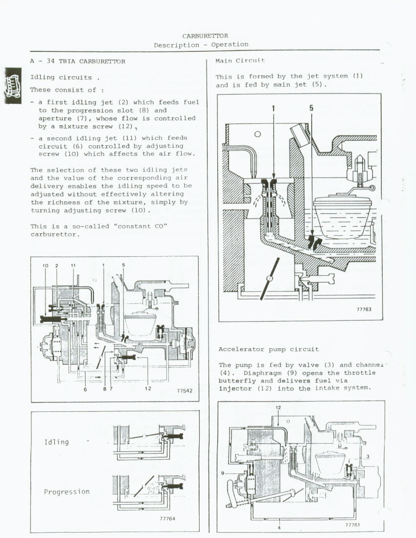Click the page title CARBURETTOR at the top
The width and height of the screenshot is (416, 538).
[x=205, y=36]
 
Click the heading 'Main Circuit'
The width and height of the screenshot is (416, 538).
[x=240, y=61]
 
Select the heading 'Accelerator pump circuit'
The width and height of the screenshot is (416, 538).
[x=269, y=349]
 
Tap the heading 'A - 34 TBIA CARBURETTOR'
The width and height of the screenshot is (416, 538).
[x=77, y=62]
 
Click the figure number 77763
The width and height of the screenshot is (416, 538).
[x=364, y=309]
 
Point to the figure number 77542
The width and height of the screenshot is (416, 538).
[x=185, y=391]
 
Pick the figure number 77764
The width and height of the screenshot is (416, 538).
[x=167, y=518]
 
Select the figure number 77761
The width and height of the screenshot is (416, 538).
[x=353, y=525]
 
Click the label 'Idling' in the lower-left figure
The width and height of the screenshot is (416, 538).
[x=57, y=442]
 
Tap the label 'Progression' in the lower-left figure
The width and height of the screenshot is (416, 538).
[x=67, y=492]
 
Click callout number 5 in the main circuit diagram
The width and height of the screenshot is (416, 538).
[x=311, y=108]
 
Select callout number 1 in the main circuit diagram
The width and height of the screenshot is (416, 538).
[x=274, y=109]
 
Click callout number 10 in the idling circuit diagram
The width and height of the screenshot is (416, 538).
[x=46, y=266]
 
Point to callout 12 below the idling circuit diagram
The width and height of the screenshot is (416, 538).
[x=148, y=389]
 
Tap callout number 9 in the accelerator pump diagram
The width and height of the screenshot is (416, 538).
[x=223, y=473]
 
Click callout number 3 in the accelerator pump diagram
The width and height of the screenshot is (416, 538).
[x=368, y=457]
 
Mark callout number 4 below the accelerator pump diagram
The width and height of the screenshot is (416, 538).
[x=279, y=527]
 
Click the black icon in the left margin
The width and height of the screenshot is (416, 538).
[x=13, y=86]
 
